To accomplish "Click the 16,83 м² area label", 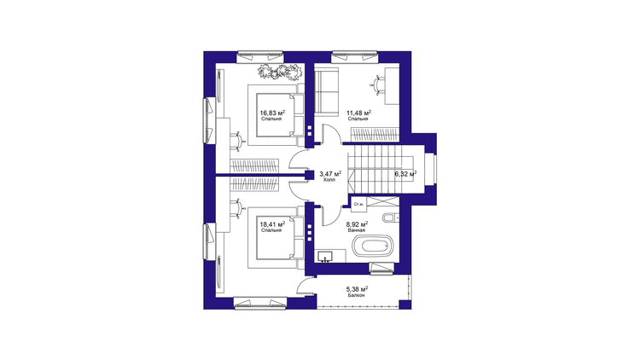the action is [273, 113].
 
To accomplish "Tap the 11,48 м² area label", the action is [358, 113].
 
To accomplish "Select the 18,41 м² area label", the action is [273, 224].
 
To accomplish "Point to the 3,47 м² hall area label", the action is [330, 174].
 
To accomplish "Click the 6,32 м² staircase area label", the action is [405, 174].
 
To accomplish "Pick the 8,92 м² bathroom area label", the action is [358, 224].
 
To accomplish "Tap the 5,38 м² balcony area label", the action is [358, 289].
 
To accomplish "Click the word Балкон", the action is [357, 295].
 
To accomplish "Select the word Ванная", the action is [357, 230].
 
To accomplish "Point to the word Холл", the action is [329, 180].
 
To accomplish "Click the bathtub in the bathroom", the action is [373, 247].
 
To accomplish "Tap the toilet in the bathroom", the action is [390, 218].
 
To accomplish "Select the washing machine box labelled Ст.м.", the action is [359, 204].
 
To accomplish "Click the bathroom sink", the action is [325, 257].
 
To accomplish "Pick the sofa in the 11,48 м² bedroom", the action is [327, 92].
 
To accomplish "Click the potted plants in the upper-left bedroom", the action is [280, 72].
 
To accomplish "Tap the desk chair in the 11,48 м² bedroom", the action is [376, 85].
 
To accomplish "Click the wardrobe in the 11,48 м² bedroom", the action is [375, 135].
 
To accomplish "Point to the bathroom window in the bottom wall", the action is [382, 268].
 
